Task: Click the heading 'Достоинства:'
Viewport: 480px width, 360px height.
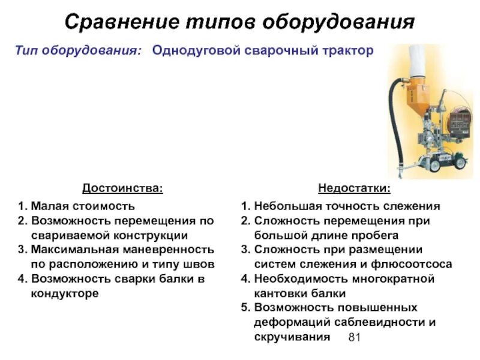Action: tap(122, 188)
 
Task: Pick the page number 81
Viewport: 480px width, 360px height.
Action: tap(354, 338)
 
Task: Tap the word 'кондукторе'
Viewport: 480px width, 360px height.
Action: tap(65, 293)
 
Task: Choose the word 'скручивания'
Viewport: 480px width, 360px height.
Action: tap(292, 337)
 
